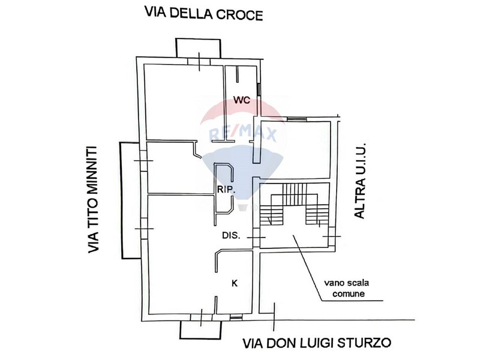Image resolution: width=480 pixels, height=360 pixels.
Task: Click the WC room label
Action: [242, 100]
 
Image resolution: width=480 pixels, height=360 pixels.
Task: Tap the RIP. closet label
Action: [226, 189]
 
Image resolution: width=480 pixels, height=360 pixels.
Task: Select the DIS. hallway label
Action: [231, 236]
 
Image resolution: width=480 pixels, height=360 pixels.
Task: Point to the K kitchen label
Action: [235, 283]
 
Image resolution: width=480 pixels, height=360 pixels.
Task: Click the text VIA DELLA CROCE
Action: [204, 14]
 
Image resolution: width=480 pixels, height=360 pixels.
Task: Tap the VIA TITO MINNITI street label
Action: [94, 200]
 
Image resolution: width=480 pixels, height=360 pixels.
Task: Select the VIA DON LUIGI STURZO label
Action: [317, 343]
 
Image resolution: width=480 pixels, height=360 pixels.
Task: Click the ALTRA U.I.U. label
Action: [360, 181]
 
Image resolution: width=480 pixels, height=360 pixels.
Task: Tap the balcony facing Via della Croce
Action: [198, 48]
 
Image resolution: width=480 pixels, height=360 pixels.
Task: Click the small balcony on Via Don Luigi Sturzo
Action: [200, 329]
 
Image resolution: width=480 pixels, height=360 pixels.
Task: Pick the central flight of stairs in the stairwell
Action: [294, 194]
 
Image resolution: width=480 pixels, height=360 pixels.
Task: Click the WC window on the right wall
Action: [259, 88]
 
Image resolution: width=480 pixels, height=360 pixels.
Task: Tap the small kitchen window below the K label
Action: [236, 319]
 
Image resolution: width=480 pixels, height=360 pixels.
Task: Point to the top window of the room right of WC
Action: [295, 119]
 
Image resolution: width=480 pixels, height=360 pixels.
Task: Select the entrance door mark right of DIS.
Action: [256, 238]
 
